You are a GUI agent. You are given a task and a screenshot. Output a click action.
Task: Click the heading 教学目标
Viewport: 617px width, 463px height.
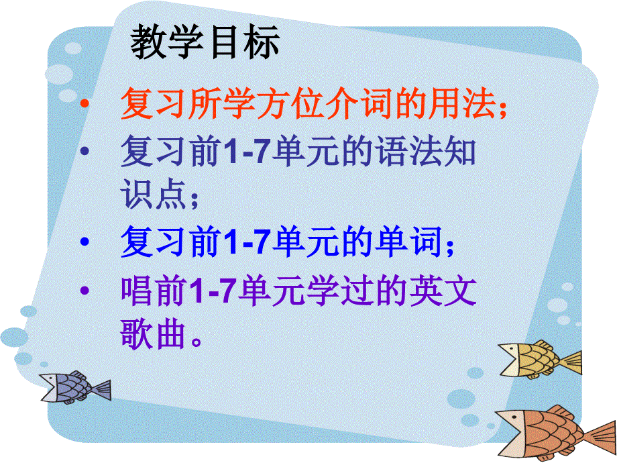(x=205, y=44)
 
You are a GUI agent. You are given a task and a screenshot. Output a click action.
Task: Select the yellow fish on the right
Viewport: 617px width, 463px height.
(x=537, y=360)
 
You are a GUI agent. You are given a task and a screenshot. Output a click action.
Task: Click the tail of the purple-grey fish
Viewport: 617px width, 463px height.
(x=101, y=389)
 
